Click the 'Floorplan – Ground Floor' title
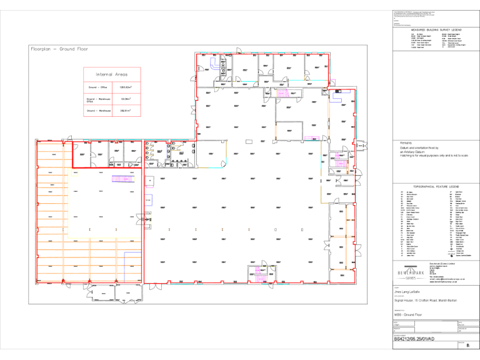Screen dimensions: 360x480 point(59,49)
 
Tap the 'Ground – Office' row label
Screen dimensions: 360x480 point(97,87)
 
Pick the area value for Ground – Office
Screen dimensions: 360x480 point(126,87)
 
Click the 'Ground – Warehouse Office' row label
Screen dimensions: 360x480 point(98,99)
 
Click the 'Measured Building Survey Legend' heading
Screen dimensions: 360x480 point(436,29)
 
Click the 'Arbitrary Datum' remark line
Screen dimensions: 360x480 point(413,152)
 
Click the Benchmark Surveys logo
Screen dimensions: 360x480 point(409,274)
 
